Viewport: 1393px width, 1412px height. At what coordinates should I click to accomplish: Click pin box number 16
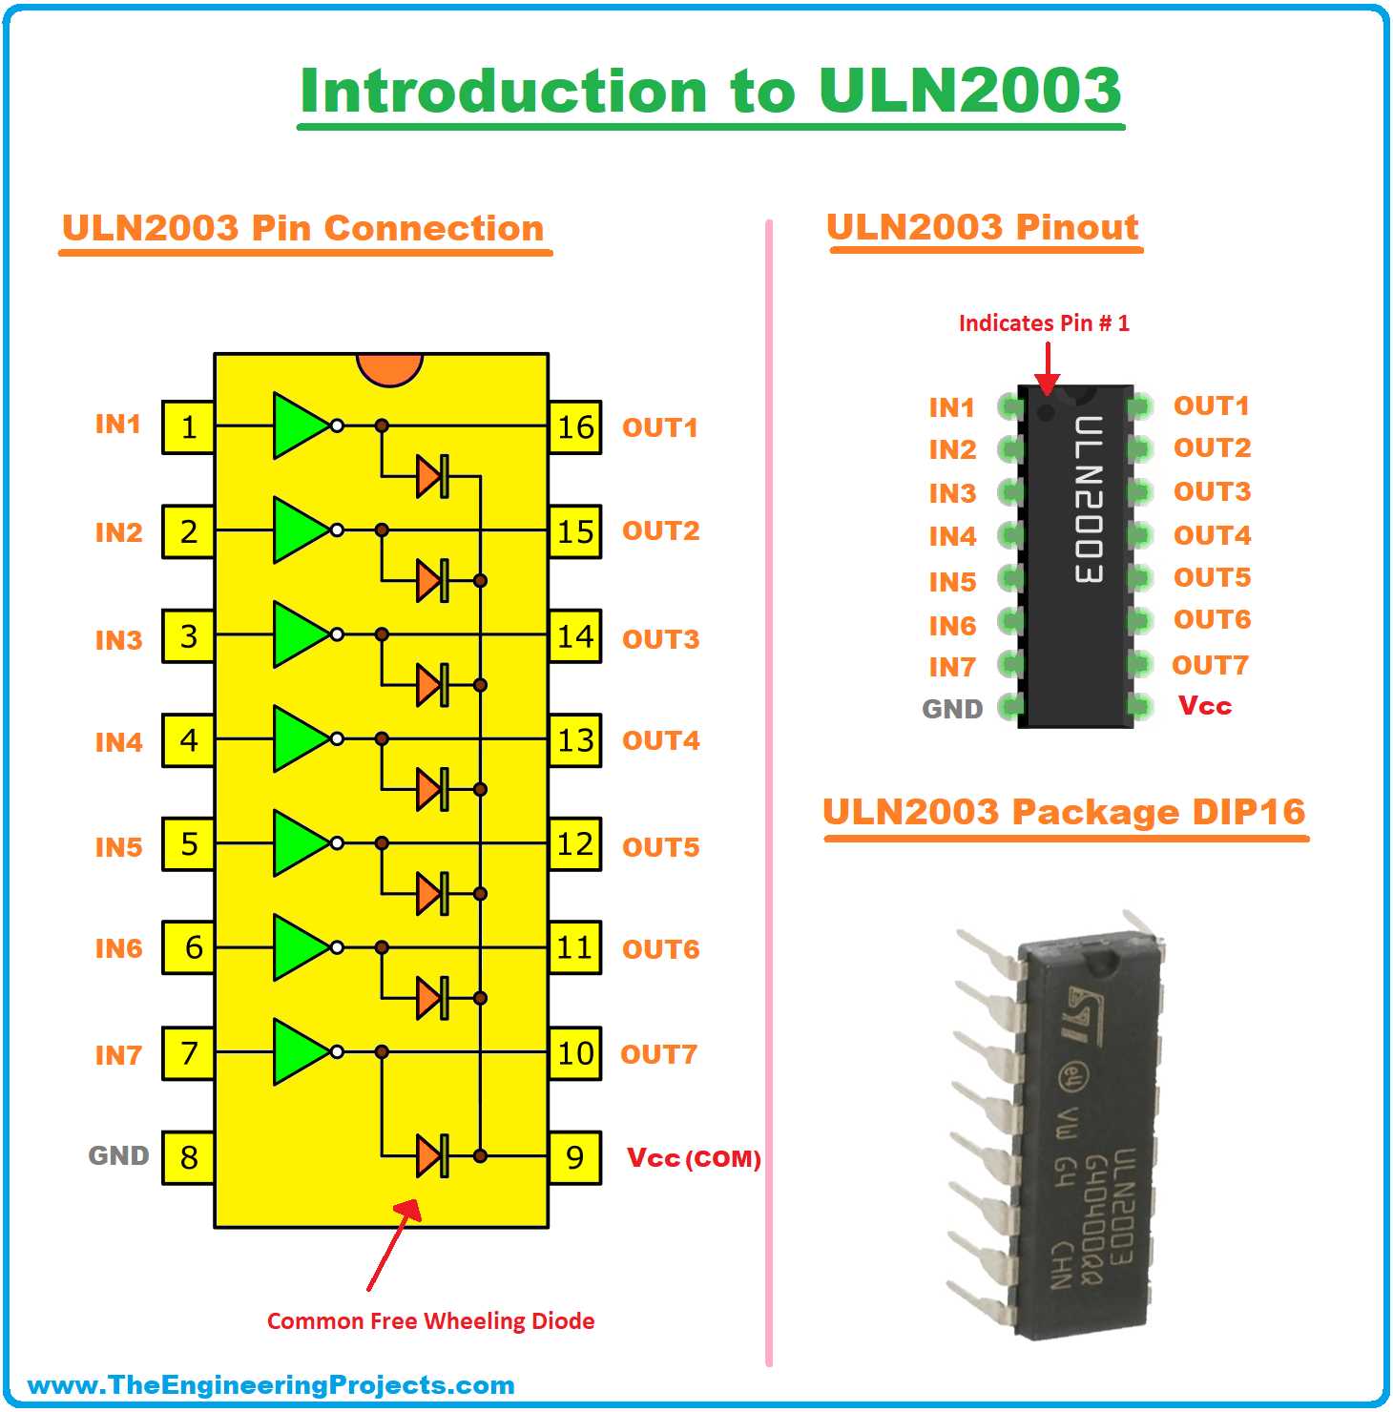tap(575, 427)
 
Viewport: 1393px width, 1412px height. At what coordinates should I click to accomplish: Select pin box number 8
tap(188, 1157)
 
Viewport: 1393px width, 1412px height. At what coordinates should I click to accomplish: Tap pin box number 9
tap(575, 1157)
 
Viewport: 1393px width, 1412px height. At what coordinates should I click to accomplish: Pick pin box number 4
tap(188, 740)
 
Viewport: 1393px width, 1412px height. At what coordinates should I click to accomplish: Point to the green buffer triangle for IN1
tap(299, 426)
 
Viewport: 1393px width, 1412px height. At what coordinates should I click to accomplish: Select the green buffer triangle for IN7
tap(299, 1051)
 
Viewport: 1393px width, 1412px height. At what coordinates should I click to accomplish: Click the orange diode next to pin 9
tap(432, 1156)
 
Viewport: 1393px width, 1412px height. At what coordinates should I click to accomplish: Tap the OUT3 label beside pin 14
tap(660, 639)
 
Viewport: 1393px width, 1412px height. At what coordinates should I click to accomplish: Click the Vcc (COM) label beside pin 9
tap(694, 1158)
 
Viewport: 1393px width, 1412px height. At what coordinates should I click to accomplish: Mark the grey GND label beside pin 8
tap(119, 1156)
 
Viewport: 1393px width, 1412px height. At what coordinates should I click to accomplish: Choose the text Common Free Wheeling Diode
tap(430, 1321)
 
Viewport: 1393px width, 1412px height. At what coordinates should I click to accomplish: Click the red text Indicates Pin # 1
tap(1044, 323)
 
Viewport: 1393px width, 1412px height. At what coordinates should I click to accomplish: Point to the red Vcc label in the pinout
tap(1205, 706)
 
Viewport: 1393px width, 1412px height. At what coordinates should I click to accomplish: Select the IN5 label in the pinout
tap(952, 582)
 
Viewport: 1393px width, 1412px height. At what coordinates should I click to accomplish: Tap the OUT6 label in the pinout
tap(1212, 620)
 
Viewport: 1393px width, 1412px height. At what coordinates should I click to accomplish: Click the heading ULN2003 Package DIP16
tap(1064, 812)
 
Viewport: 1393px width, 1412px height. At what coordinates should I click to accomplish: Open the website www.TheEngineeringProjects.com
tap(271, 1385)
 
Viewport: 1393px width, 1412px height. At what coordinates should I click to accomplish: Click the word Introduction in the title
tap(504, 92)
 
